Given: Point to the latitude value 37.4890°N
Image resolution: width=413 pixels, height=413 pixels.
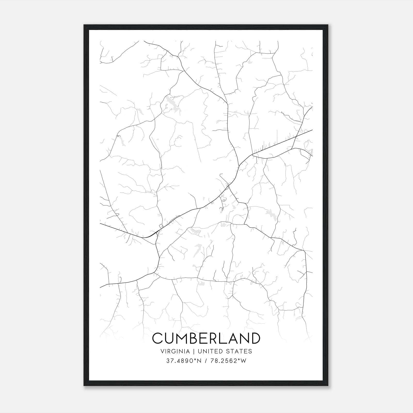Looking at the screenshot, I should [x=182, y=361].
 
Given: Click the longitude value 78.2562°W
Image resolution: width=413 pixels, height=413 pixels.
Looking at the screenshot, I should [x=228, y=361].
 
